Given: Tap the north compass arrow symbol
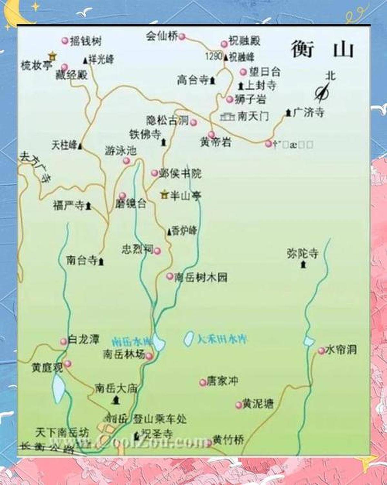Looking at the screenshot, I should click(x=322, y=92).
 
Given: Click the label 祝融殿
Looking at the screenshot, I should click(x=244, y=41).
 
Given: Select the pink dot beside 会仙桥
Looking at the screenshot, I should click(x=182, y=36).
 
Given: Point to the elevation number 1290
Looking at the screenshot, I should click(x=213, y=56).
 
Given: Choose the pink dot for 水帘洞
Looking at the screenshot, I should click(x=321, y=351).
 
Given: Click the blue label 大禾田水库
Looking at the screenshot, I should click(x=222, y=339).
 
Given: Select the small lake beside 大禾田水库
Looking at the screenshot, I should click(x=189, y=338).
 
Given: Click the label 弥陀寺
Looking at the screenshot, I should click(x=302, y=253).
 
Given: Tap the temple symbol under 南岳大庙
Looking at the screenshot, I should click(x=115, y=400).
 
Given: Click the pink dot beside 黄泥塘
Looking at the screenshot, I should click(x=239, y=405).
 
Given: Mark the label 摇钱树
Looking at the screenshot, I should click(x=85, y=41).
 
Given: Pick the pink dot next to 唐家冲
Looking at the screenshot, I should click(x=203, y=382).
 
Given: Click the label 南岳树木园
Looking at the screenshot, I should click(x=201, y=277).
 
